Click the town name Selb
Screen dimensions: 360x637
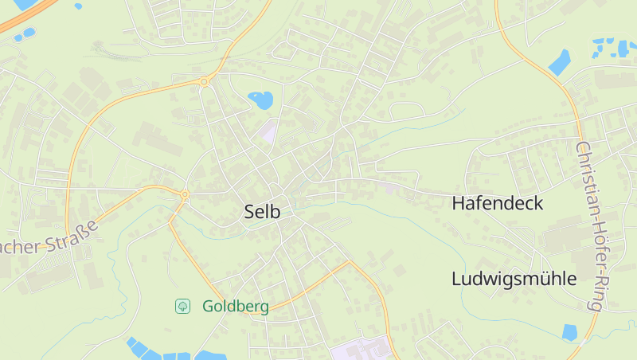point(262,212)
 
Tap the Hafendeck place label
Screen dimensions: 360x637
point(497,203)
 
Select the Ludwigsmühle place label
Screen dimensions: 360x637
point(514,279)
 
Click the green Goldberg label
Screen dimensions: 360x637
point(235,306)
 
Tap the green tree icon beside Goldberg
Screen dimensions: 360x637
point(182,306)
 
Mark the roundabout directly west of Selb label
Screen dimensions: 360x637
point(185,194)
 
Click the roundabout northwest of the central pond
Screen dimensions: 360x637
point(205,81)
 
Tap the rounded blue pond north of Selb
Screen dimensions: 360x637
point(260,100)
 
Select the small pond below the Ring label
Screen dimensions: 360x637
point(569,332)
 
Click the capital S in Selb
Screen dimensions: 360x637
point(249,212)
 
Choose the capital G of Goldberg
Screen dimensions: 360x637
point(208,306)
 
